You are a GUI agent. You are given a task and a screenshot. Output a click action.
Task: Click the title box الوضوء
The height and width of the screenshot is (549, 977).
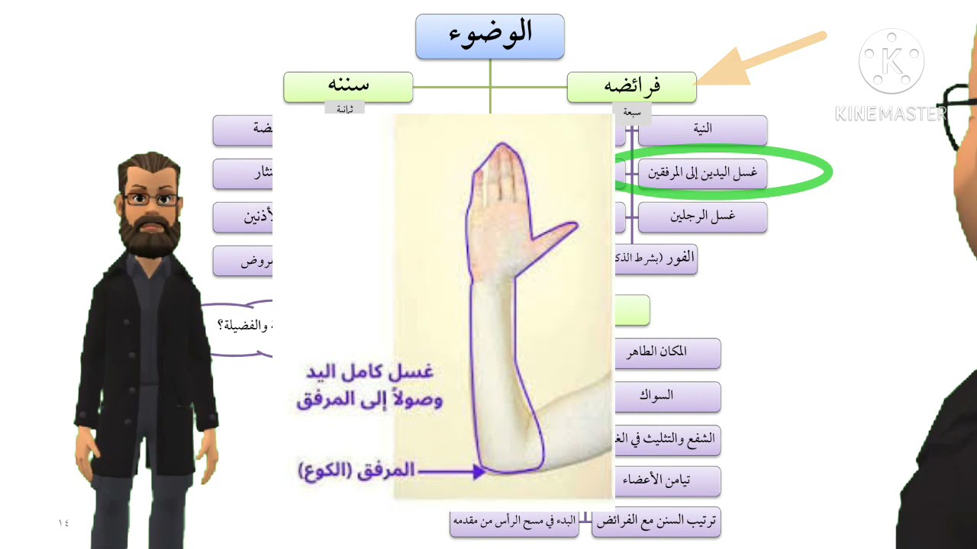pos(489,36)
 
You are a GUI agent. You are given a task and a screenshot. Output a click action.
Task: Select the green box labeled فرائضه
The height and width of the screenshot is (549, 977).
pos(631,87)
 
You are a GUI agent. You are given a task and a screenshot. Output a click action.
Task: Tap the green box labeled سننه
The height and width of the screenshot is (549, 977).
pos(348,87)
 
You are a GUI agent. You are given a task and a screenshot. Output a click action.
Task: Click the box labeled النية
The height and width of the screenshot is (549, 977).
pos(702,130)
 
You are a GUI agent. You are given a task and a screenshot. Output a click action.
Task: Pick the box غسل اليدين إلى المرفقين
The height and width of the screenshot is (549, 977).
pos(702,174)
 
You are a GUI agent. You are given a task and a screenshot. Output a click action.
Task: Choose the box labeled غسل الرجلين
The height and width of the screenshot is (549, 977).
pos(702,217)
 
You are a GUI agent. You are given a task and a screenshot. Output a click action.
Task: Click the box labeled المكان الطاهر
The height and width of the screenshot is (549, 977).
pos(666,352)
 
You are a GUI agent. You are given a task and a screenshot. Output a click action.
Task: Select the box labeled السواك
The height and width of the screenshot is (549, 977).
pos(666,396)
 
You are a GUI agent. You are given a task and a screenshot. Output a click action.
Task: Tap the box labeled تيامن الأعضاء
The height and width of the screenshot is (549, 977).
pos(666,481)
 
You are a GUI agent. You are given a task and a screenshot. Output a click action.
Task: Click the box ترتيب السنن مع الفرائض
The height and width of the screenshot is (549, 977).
pos(656,522)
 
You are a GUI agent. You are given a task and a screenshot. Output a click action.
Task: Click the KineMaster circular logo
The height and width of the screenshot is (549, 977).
pos(891,61)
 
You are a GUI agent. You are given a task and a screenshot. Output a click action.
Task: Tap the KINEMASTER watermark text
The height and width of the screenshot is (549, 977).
pos(890,114)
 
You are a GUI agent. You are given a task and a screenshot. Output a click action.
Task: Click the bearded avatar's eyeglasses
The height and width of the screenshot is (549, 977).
pos(151,200)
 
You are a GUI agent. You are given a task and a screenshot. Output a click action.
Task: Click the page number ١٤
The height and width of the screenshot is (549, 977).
pos(63,523)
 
